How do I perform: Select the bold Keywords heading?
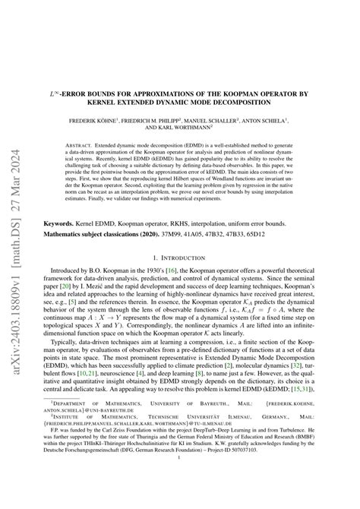62,225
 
